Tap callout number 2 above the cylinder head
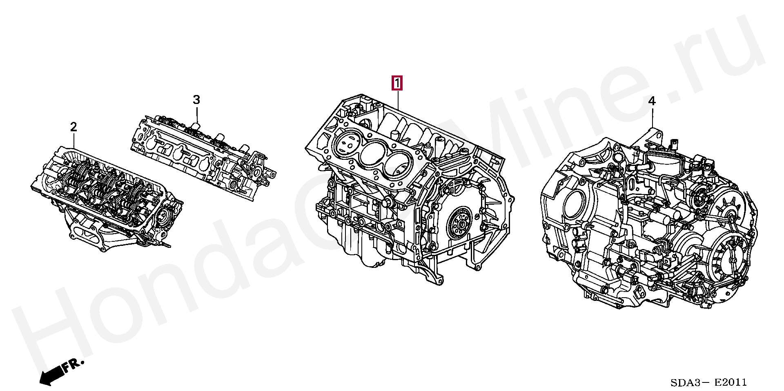(x=73, y=127)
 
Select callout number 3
(x=196, y=99)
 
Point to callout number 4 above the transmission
(x=652, y=101)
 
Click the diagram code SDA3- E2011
(x=708, y=382)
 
